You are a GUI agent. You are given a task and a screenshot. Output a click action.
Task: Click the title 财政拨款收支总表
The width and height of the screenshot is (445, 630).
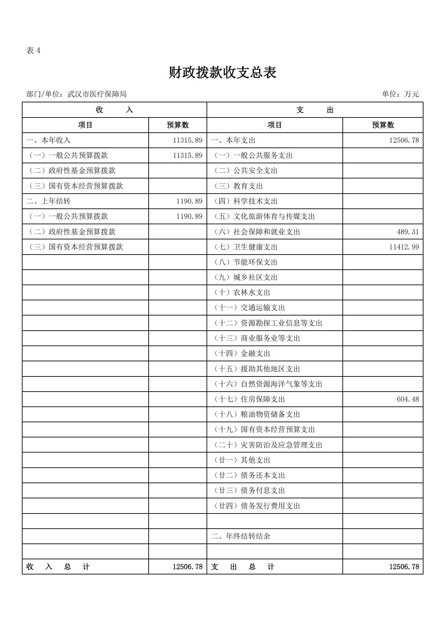(222, 72)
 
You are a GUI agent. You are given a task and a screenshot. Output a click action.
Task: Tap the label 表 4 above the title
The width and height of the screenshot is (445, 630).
(33, 51)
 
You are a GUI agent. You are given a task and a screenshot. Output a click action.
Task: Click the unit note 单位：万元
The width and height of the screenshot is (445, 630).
(400, 94)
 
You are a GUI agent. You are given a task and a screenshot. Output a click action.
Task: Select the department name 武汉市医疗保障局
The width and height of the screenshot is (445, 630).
(97, 94)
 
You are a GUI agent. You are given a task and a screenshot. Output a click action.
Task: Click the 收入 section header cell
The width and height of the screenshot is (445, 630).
(114, 110)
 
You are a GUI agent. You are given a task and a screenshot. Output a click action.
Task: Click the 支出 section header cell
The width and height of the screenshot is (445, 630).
(315, 110)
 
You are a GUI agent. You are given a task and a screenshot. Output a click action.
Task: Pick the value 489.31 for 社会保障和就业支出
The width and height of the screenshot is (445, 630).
(408, 232)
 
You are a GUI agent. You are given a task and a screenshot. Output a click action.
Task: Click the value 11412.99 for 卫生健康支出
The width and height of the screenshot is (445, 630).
(404, 247)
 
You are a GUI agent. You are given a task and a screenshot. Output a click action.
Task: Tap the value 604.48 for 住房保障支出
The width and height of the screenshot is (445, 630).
(408, 399)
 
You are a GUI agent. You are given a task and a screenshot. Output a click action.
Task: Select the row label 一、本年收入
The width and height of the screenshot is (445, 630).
(48, 140)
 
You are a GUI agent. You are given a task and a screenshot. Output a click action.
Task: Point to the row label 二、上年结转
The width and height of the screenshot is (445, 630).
(48, 201)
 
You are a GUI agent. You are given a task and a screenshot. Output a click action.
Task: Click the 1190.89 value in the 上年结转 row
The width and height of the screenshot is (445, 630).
(189, 201)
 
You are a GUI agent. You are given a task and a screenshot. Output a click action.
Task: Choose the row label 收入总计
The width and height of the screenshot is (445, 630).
(58, 567)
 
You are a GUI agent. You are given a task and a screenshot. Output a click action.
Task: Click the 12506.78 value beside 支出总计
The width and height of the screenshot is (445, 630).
(404, 567)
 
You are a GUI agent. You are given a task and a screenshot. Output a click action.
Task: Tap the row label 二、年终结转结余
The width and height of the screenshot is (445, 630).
(241, 536)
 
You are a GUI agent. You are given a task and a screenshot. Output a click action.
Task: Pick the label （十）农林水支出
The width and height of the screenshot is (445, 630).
(243, 292)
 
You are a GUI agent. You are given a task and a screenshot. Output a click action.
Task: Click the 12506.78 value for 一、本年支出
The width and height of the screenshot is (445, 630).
(404, 140)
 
